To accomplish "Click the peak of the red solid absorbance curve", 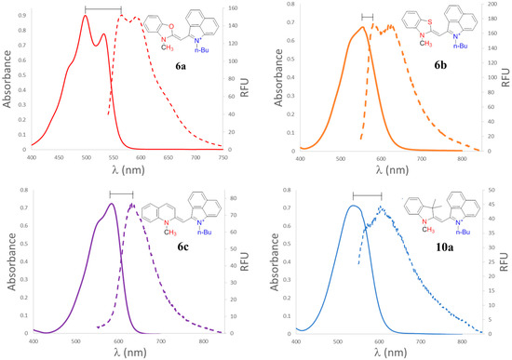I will pyautogui.click(x=86, y=15).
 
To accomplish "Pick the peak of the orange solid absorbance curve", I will pyautogui.click(x=361, y=27).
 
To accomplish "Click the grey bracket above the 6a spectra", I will pyautogui.click(x=102, y=8).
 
